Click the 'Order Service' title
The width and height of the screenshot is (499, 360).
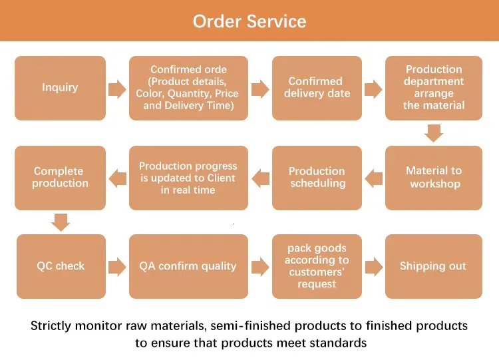coord(249,21)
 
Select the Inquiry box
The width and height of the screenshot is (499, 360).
coord(60,88)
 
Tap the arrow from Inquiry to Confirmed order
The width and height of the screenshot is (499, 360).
coord(117,89)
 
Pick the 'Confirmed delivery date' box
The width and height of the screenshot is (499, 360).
coord(317,88)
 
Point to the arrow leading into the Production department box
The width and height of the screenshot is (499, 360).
coord(373,89)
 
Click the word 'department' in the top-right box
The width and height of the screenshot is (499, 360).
coord(434,81)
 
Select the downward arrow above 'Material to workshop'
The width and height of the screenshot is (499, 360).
coord(434,133)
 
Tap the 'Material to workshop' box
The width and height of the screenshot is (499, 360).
coord(434,178)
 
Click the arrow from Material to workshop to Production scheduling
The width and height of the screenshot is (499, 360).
coord(374,178)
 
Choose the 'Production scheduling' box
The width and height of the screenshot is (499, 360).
coord(317,178)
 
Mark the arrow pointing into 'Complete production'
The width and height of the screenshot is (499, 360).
coord(117,178)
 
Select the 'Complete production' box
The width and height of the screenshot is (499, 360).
coord(60,178)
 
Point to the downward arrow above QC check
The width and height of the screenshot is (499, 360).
coord(61,222)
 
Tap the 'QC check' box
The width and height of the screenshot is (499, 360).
coord(61,266)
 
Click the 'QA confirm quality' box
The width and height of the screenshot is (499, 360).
coord(188,266)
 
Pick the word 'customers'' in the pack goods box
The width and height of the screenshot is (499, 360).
coord(317,272)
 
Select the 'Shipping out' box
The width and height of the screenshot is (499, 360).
coord(434,266)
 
